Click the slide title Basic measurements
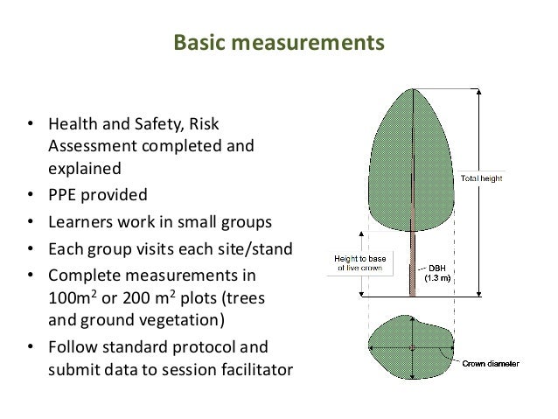[278, 42]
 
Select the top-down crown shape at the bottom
[412, 348]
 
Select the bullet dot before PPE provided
[31, 194]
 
